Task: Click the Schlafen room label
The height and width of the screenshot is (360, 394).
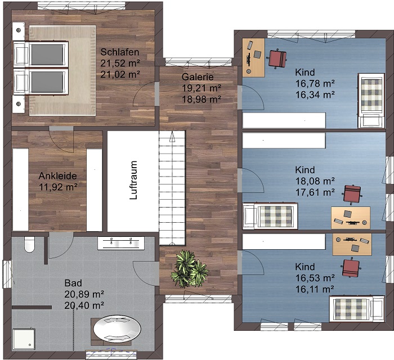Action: (120, 52)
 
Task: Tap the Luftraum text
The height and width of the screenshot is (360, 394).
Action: (134, 180)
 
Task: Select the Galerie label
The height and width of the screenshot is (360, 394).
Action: (198, 77)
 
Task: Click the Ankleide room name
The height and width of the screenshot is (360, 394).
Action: (58, 175)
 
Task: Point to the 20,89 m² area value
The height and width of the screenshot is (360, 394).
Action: (84, 294)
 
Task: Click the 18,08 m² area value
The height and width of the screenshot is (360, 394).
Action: (315, 181)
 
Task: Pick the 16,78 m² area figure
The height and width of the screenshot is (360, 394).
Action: (315, 83)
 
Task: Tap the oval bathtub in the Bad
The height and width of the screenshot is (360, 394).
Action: (117, 328)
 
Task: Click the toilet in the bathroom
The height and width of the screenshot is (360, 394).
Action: (29, 244)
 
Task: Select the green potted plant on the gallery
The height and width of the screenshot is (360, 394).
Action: (190, 269)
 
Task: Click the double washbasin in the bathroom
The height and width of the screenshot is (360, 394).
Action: (121, 243)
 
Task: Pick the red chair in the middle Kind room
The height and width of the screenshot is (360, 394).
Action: (352, 193)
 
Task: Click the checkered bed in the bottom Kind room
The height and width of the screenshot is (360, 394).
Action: (356, 309)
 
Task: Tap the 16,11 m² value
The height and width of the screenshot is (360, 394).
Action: (315, 289)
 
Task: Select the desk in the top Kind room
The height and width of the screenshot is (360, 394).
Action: (253, 57)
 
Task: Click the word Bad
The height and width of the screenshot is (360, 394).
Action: (73, 283)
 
